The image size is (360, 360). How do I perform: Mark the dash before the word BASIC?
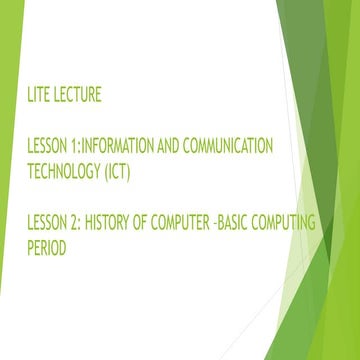coord(231,224)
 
